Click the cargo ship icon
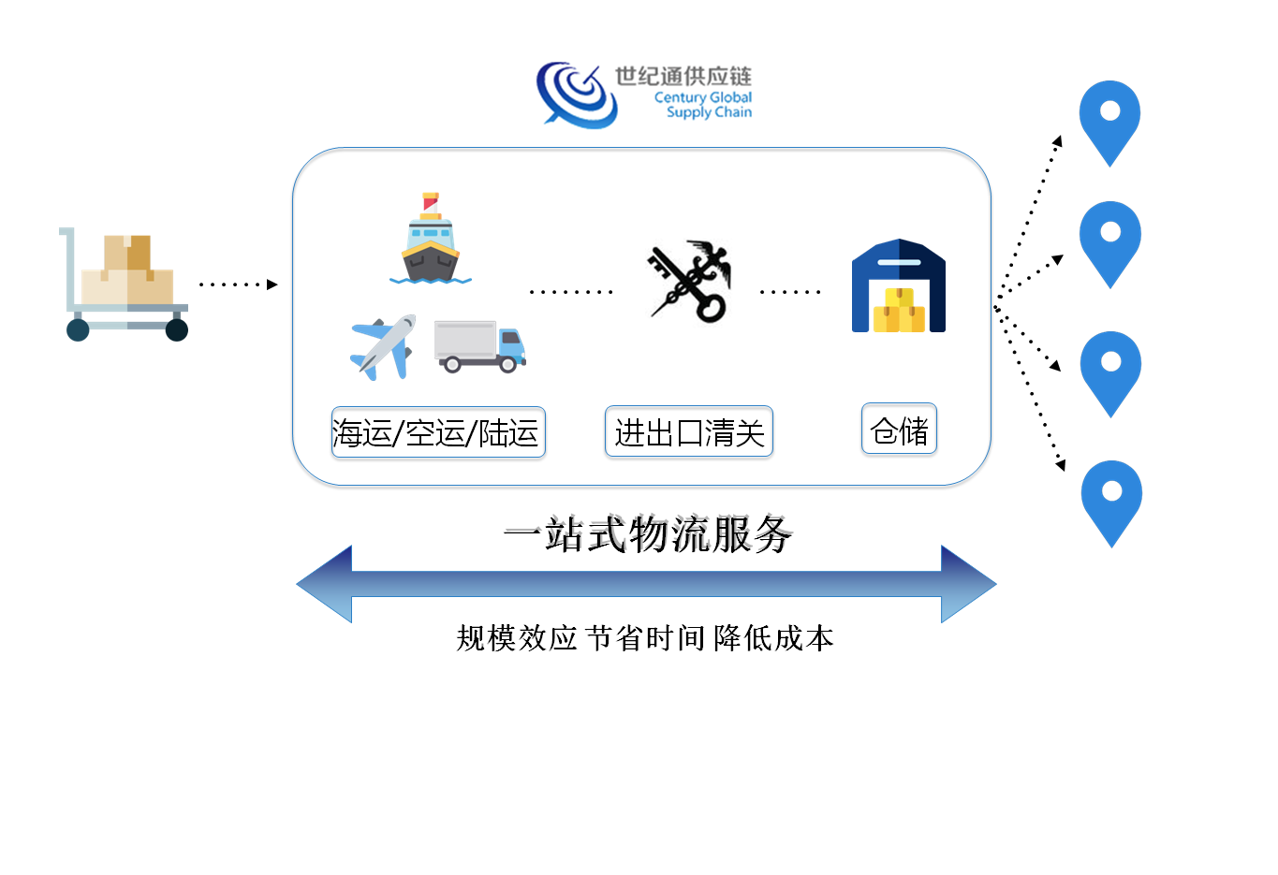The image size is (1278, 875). tap(430, 240)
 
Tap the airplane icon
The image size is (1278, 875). tap(383, 347)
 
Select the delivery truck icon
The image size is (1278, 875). tap(480, 346)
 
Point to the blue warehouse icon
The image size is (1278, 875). tap(898, 286)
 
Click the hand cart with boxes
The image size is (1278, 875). tap(125, 284)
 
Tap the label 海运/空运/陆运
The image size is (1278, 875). tap(437, 432)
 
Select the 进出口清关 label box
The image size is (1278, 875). tap(689, 431)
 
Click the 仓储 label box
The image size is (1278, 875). tap(899, 430)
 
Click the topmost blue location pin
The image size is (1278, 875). tap(1109, 120)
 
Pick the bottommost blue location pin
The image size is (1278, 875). tap(1111, 500)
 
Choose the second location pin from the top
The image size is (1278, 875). tap(1109, 241)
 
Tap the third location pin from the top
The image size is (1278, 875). tap(1110, 371)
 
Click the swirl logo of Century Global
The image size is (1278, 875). tap(574, 95)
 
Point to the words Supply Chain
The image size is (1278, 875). tap(709, 112)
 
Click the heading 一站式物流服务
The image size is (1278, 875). tap(648, 534)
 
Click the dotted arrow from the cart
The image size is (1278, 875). tap(239, 284)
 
